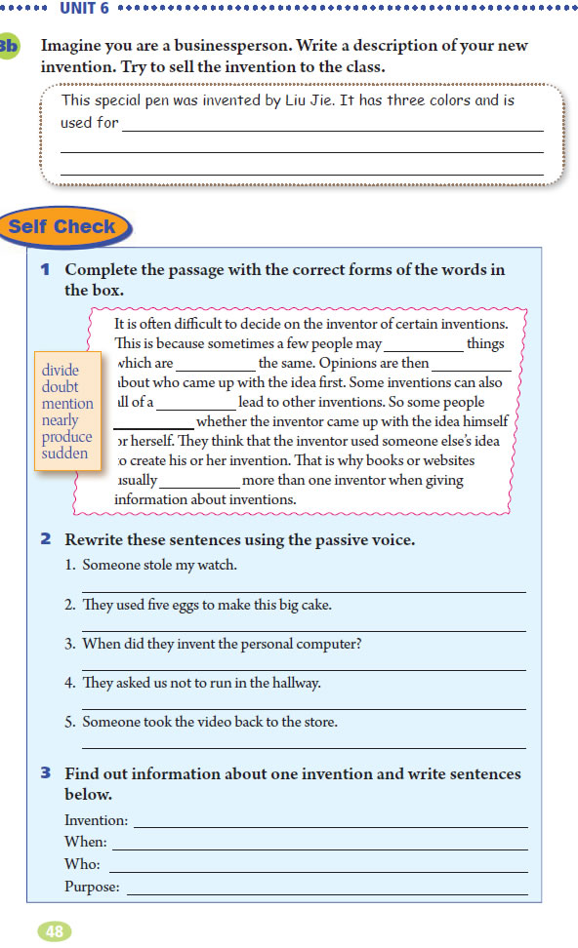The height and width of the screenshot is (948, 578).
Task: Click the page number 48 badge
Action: [x=55, y=931]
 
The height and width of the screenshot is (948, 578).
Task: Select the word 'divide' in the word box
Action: [x=61, y=371]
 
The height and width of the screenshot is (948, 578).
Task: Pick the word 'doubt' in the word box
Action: [x=61, y=387]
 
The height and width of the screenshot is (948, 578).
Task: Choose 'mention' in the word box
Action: [x=67, y=404]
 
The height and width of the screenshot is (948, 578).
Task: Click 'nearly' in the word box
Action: [x=61, y=420]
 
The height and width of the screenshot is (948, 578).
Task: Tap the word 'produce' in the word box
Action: [x=66, y=437]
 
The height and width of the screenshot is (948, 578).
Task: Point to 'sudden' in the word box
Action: [x=64, y=454]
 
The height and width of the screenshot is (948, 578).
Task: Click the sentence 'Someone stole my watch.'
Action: [x=159, y=565]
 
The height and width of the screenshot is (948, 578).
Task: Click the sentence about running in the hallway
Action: [x=201, y=683]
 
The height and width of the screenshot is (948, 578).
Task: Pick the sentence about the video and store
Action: [x=210, y=722]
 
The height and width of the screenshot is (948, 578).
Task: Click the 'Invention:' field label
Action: [x=96, y=821]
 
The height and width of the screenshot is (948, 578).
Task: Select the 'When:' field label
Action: [x=85, y=843]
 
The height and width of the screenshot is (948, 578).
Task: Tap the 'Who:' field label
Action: [x=82, y=864]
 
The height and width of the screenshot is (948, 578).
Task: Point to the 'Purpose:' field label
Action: [x=92, y=887]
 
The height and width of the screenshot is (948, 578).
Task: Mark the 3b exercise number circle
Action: [x=9, y=47]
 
